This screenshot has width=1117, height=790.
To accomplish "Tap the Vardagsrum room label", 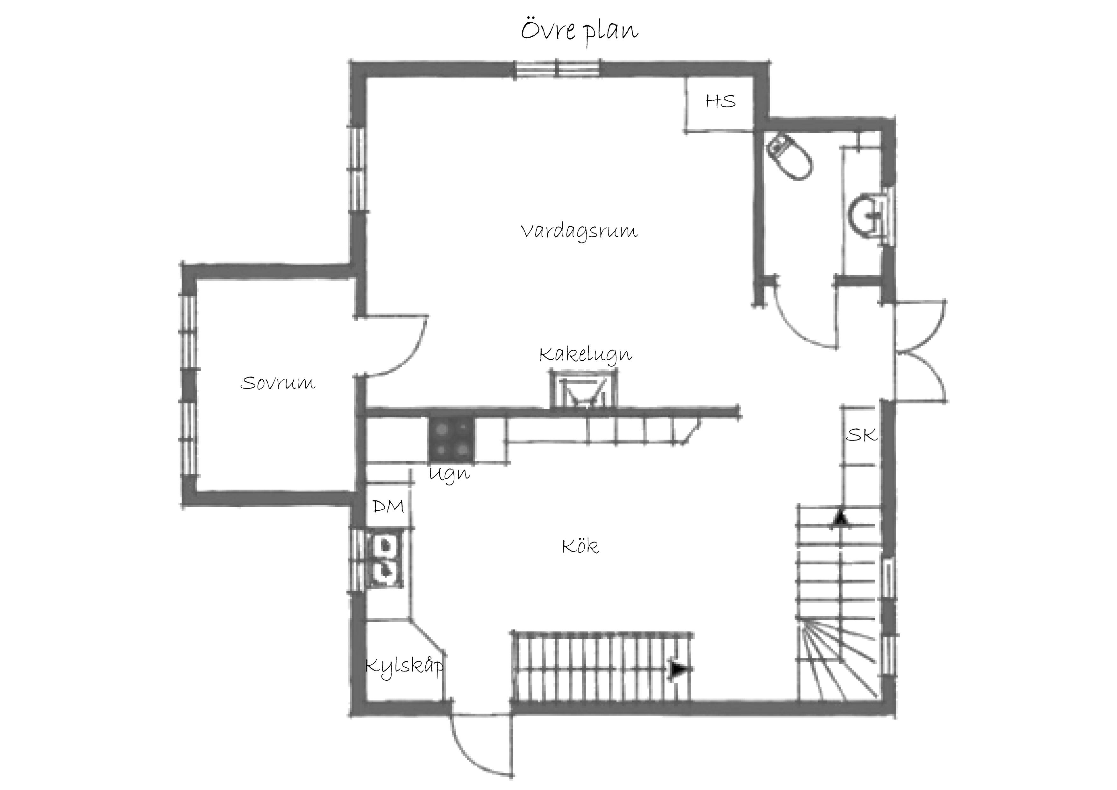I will pos(579,232).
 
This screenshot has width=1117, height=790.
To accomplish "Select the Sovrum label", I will pos(278,383).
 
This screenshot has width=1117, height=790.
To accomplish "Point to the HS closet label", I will pos(721,101).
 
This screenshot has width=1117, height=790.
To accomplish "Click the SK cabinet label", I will pos(862,435).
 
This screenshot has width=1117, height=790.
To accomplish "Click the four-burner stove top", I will pos(451,440).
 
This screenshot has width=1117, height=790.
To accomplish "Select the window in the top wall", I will pos(558,68).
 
